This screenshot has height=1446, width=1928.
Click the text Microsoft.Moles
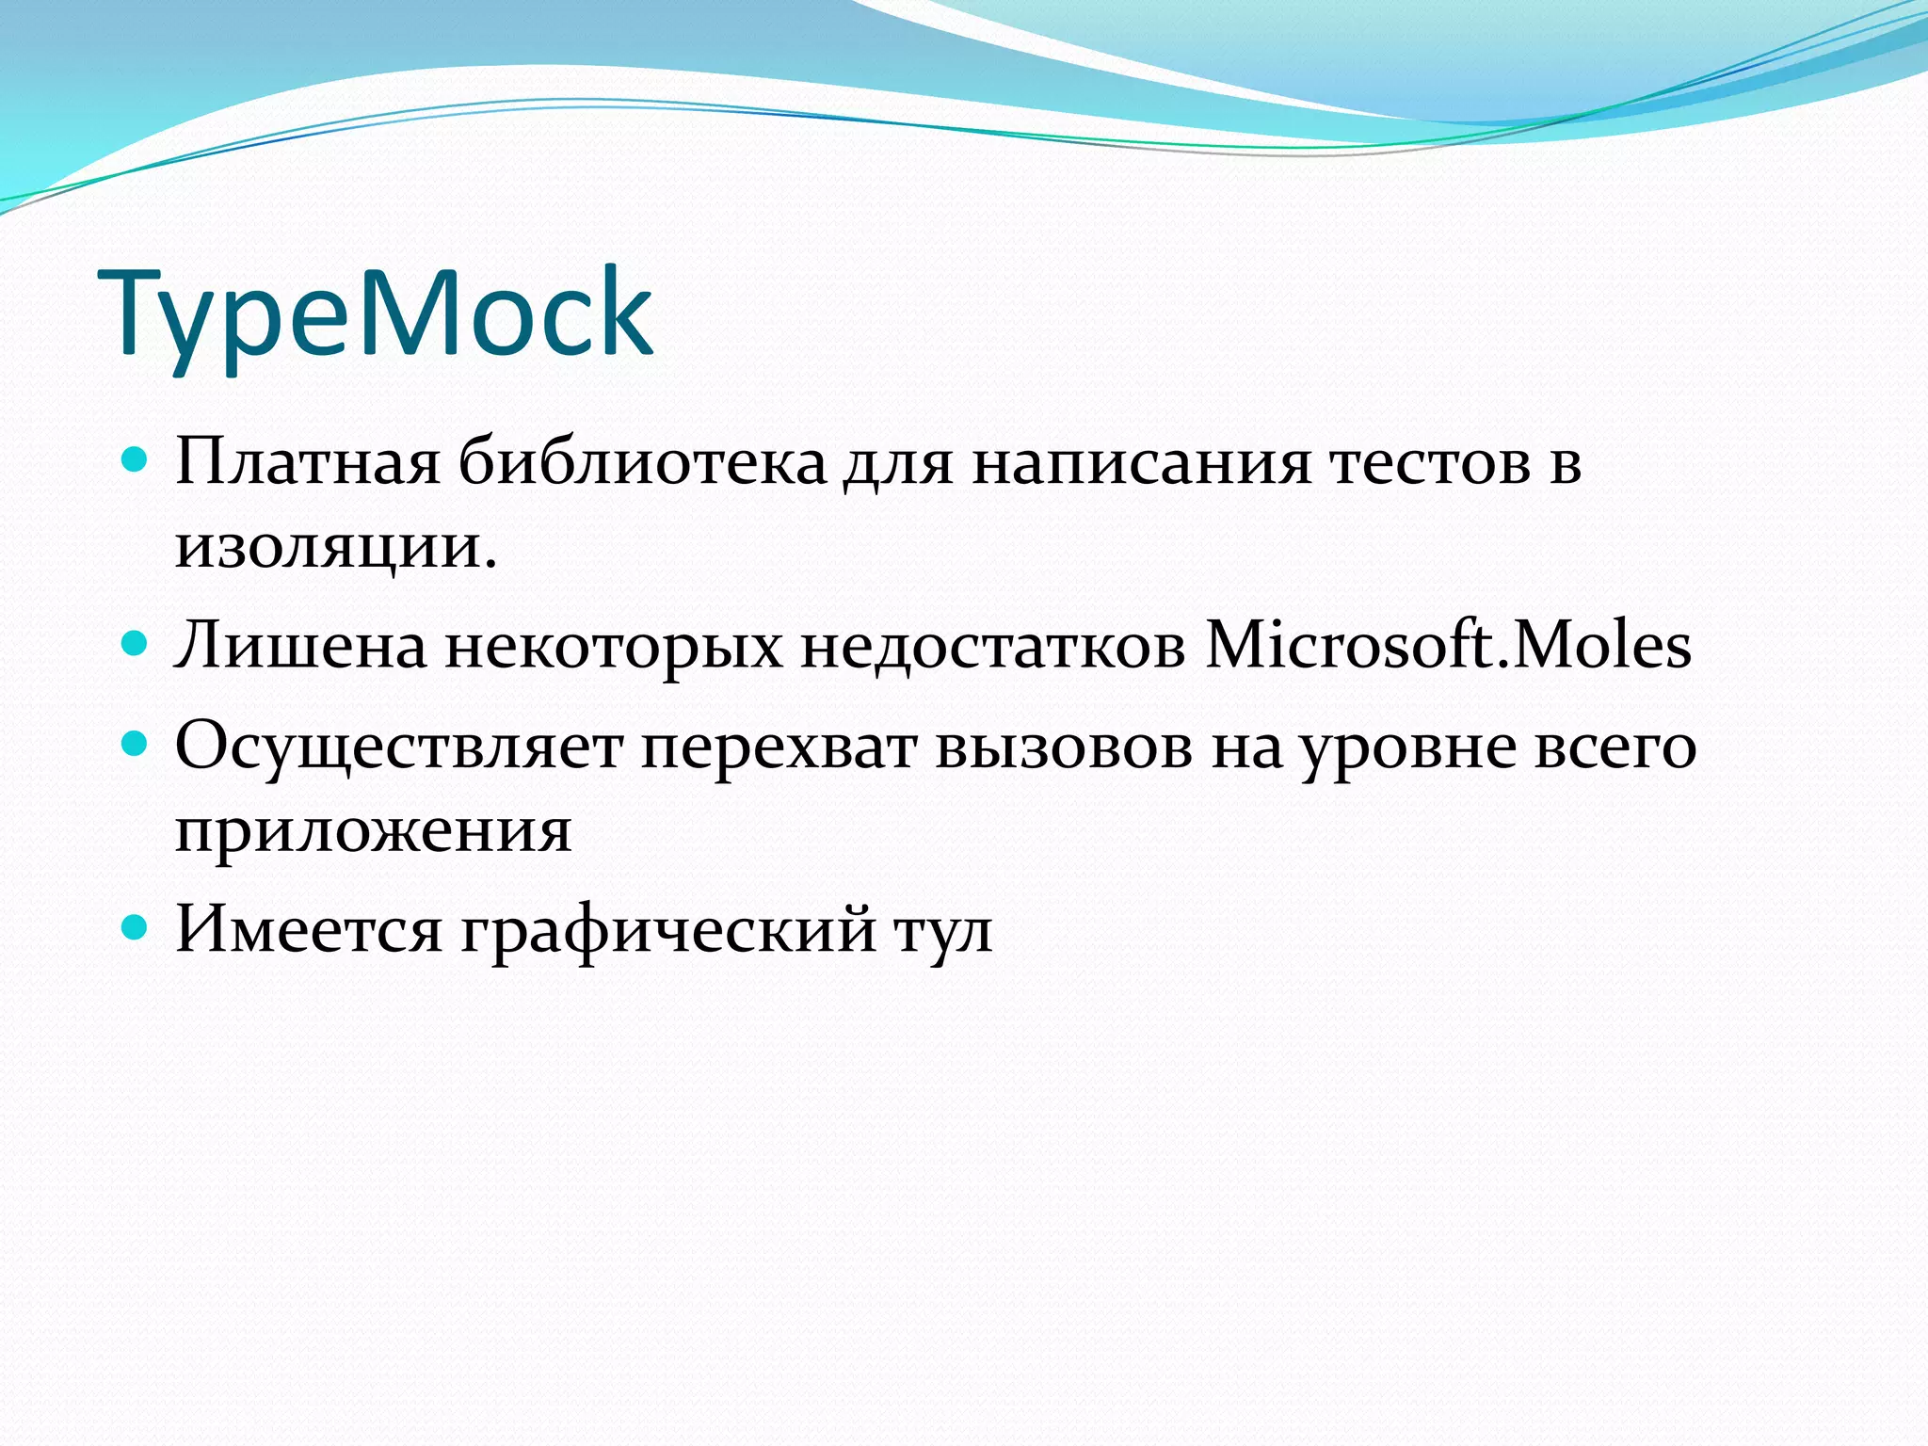pyautogui.click(x=1448, y=646)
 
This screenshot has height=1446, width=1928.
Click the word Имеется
pyautogui.click(x=308, y=930)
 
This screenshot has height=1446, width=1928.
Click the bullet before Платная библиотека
pyautogui.click(x=136, y=459)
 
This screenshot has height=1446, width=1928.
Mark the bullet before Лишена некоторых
pyautogui.click(x=136, y=644)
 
